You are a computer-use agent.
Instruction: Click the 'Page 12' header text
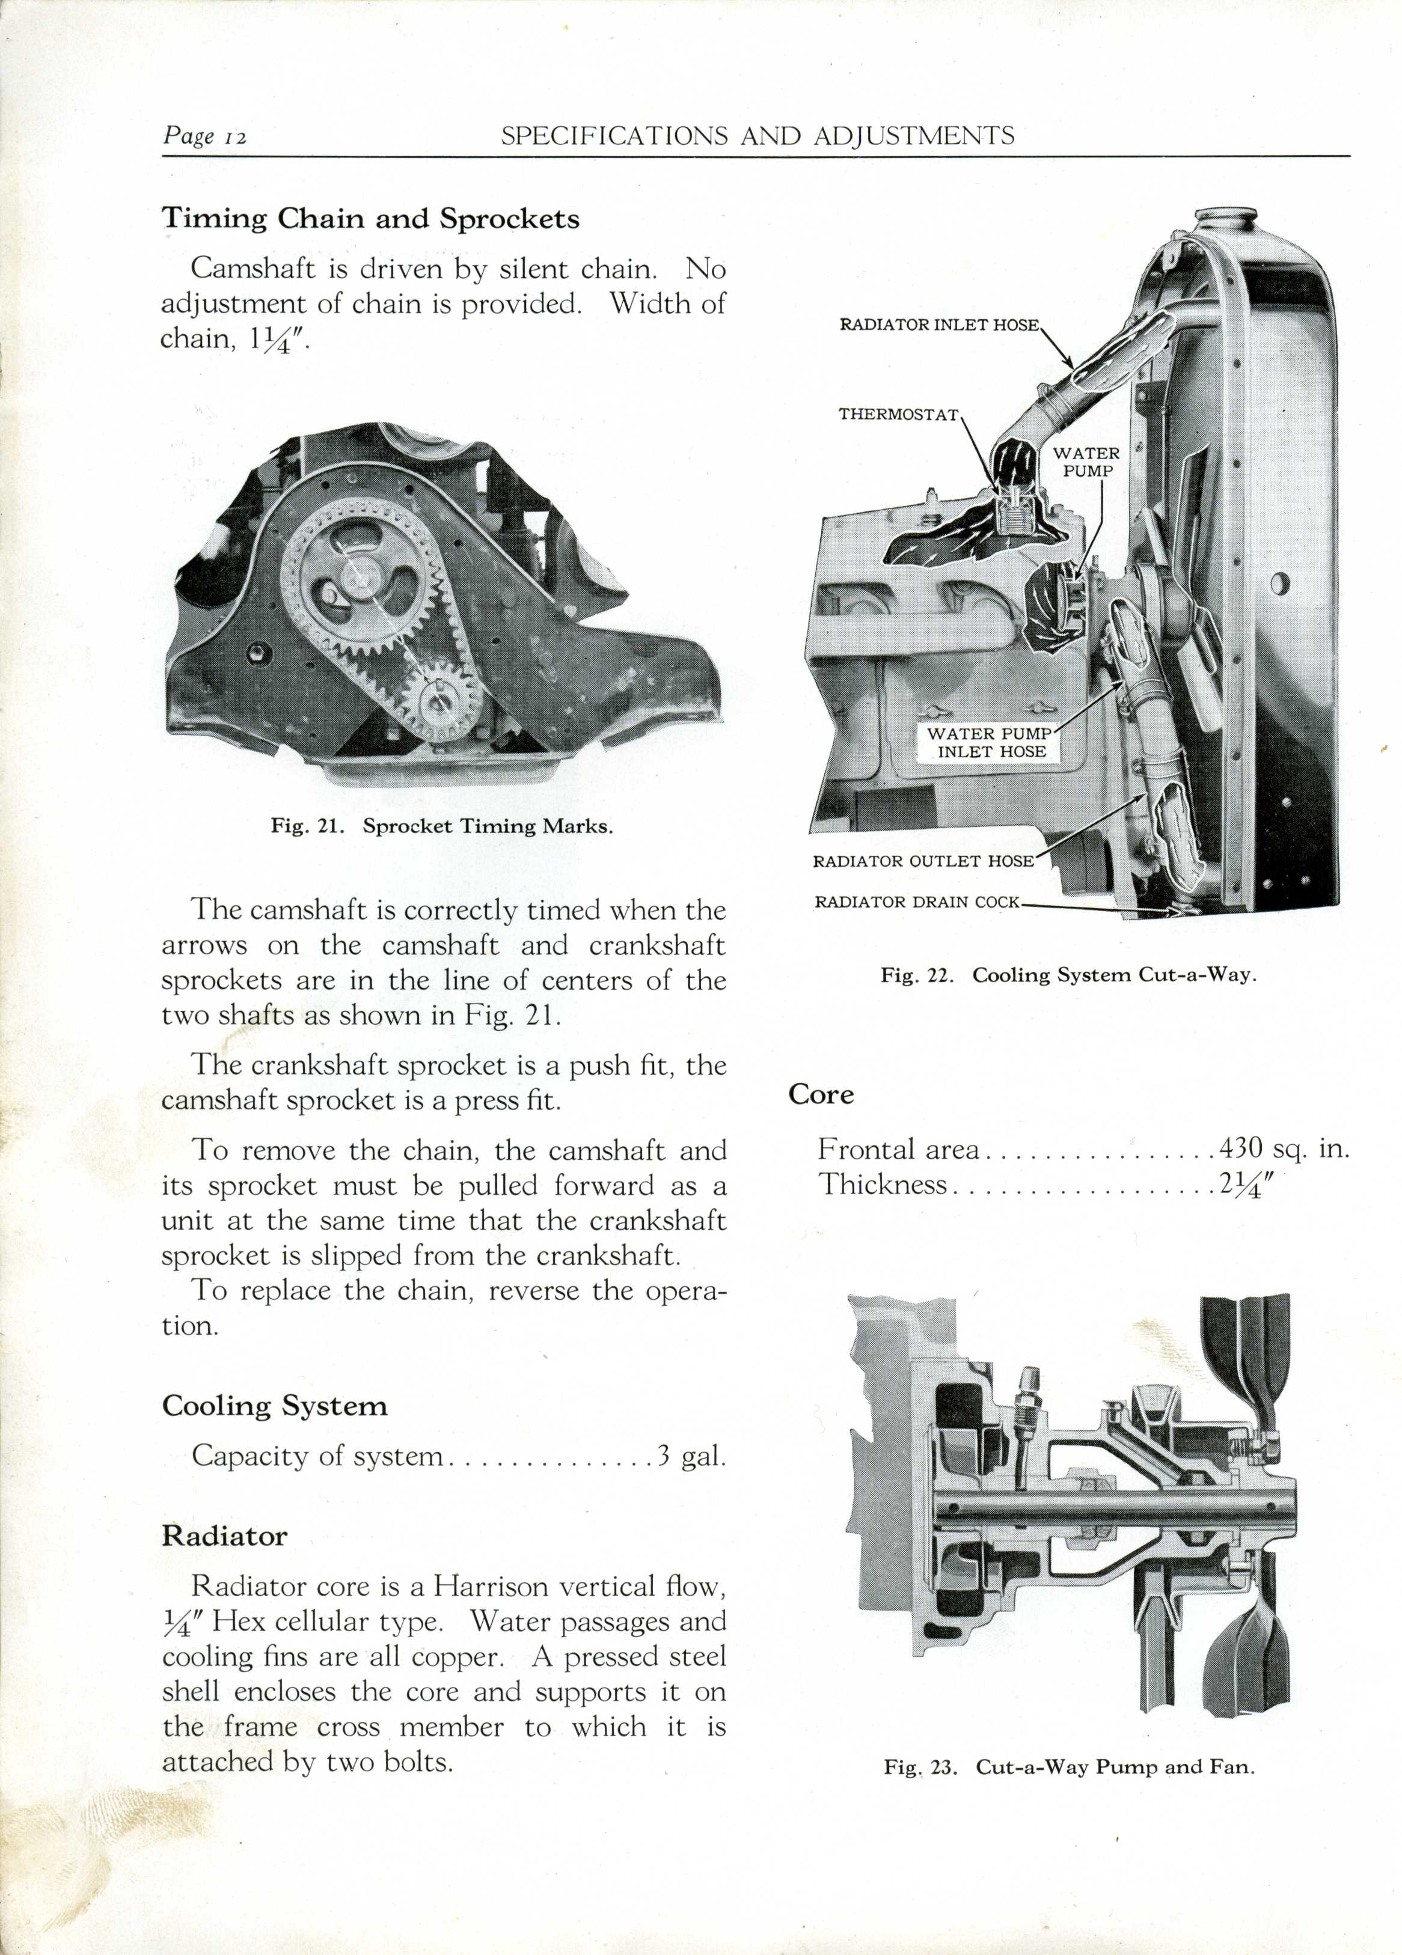pyautogui.click(x=205, y=136)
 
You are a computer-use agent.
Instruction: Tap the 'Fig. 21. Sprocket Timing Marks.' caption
pyautogui.click(x=441, y=826)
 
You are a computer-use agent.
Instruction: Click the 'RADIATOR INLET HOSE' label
pyautogui.click(x=939, y=325)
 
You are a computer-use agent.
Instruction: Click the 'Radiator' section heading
pyautogui.click(x=224, y=1536)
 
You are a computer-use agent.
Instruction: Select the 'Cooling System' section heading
pyautogui.click(x=274, y=1406)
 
